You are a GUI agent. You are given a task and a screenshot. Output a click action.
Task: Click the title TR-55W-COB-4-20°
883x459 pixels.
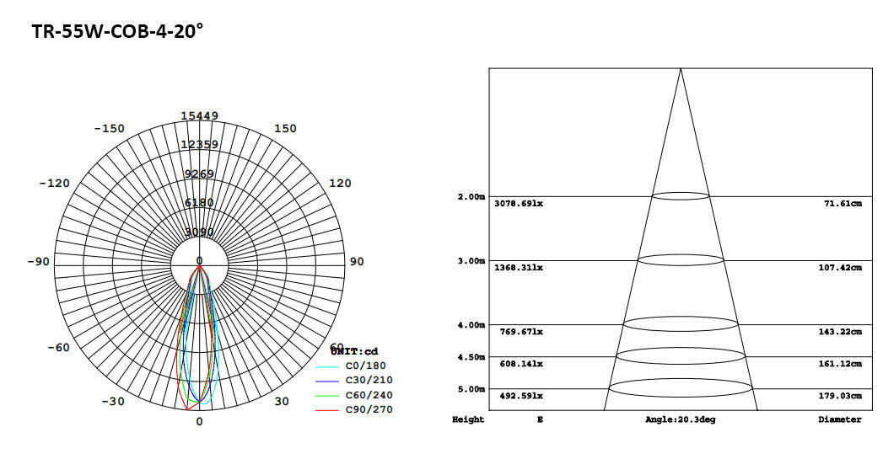(x=118, y=32)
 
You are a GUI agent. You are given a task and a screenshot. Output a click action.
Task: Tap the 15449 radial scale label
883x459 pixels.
(x=199, y=116)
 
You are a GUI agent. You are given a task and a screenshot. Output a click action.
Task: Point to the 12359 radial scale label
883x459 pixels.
(x=199, y=145)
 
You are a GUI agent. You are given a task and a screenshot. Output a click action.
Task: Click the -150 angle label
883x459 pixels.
(x=109, y=129)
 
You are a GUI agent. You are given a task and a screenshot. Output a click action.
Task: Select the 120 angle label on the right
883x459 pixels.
(x=340, y=184)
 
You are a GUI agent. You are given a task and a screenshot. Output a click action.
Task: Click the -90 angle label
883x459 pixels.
(x=38, y=262)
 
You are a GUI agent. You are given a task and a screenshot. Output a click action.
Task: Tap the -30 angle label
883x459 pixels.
(x=112, y=402)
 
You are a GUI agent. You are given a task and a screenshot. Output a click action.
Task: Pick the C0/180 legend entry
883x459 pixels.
(x=365, y=366)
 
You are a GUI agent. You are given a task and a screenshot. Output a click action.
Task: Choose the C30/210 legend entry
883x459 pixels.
(x=369, y=381)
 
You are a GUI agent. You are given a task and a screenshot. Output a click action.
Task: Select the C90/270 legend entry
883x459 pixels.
(x=369, y=409)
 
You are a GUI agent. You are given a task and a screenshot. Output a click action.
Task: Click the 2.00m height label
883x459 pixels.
(x=471, y=197)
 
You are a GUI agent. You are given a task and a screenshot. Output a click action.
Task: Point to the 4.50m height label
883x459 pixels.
(x=471, y=357)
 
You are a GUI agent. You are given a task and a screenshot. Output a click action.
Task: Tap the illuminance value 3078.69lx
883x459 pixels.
(x=519, y=204)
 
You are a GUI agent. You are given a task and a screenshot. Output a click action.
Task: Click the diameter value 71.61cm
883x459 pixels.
(x=843, y=204)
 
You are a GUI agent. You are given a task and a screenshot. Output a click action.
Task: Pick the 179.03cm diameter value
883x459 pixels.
(x=840, y=396)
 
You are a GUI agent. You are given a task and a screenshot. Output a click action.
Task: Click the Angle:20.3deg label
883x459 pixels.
(x=680, y=419)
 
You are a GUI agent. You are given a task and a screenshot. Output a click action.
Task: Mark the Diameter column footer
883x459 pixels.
(x=839, y=419)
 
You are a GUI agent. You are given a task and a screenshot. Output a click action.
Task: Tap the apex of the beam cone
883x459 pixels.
(x=681, y=69)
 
